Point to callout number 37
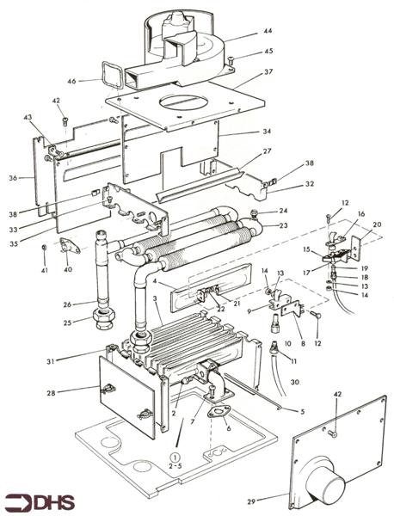pos(268,71)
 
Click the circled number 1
pos(175,458)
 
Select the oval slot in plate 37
pos(183,101)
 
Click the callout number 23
pos(282,225)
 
